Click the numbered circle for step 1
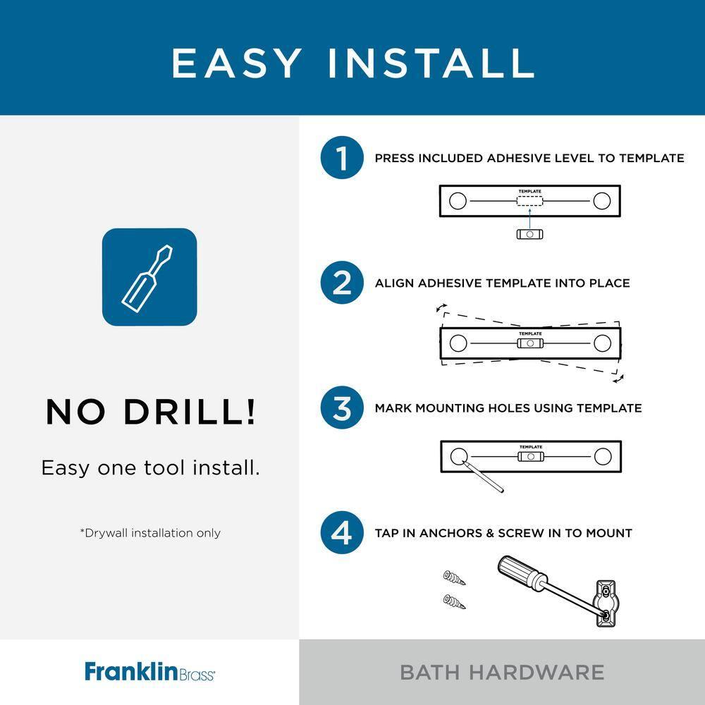342,158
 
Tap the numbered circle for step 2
342,283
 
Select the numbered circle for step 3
342,407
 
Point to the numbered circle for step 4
342,533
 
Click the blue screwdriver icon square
149,277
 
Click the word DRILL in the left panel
190,412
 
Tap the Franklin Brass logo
150,671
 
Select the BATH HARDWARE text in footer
502,672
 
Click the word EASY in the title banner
236,63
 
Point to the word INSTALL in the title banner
430,63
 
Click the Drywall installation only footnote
150,533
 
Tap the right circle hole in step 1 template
601,200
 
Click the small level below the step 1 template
530,234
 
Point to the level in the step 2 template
530,343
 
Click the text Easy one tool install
150,467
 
